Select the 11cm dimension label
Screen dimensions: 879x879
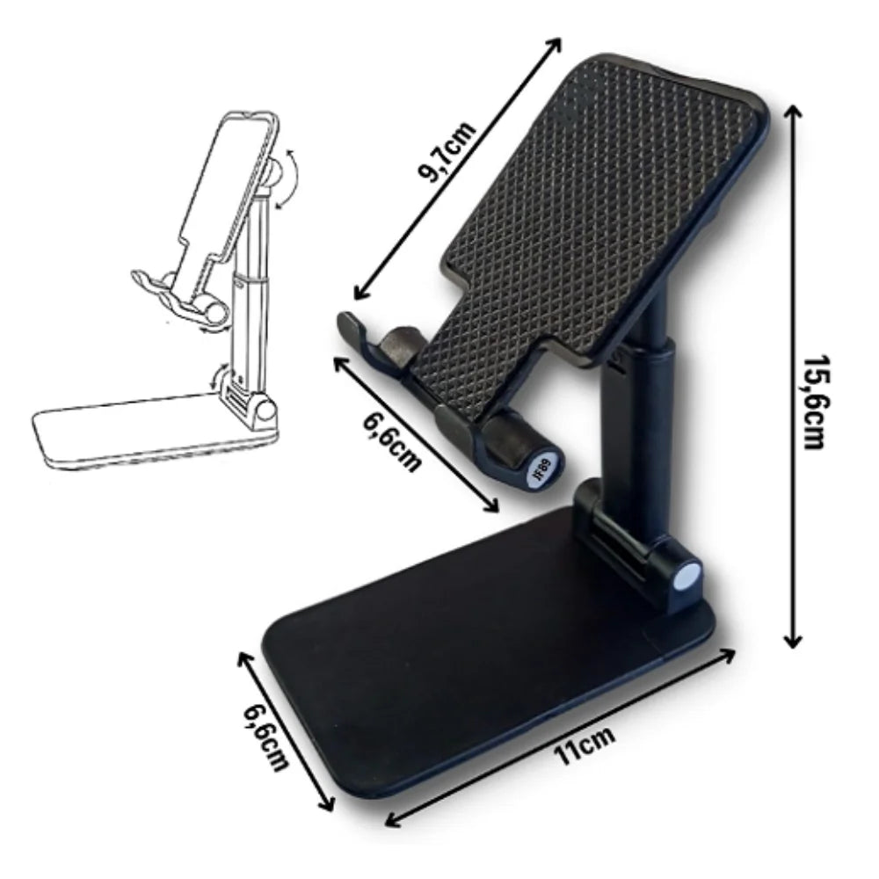tap(585, 746)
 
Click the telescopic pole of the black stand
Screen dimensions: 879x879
tap(642, 413)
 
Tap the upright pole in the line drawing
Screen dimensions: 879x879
tap(250, 290)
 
